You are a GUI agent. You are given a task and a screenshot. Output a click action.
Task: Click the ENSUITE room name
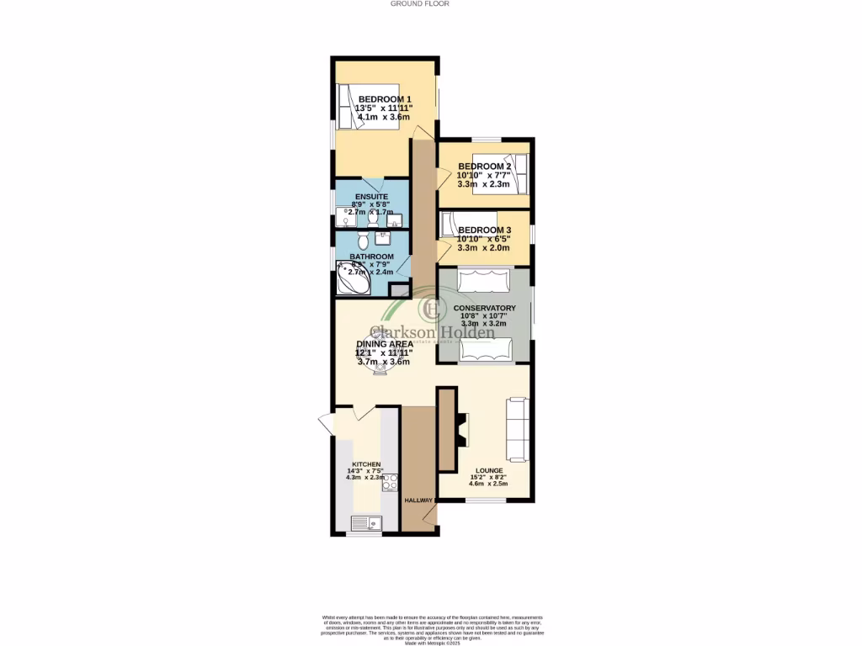371,197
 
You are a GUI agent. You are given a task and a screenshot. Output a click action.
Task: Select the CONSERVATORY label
484,308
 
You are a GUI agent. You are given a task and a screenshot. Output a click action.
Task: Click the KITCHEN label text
366,464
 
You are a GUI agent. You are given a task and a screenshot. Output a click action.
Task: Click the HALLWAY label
418,500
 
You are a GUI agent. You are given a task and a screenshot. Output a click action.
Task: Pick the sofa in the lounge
516,429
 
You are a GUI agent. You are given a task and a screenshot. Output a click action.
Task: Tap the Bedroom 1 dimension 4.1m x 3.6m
384,118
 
